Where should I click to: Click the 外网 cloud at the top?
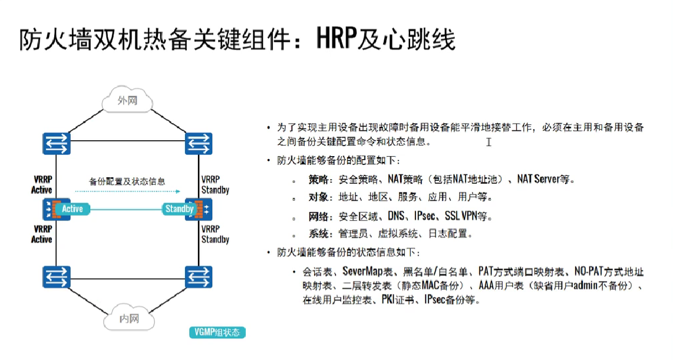click(127, 101)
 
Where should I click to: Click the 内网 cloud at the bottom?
click(128, 319)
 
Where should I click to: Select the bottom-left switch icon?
click(56, 276)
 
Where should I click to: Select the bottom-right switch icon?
click(198, 276)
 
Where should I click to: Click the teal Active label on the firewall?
click(72, 209)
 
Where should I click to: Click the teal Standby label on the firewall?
click(179, 209)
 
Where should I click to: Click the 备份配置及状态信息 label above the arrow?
click(127, 181)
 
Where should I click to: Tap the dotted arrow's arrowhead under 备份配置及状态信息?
click(177, 191)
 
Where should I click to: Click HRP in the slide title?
click(339, 40)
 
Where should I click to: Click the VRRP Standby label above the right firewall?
click(215, 184)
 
